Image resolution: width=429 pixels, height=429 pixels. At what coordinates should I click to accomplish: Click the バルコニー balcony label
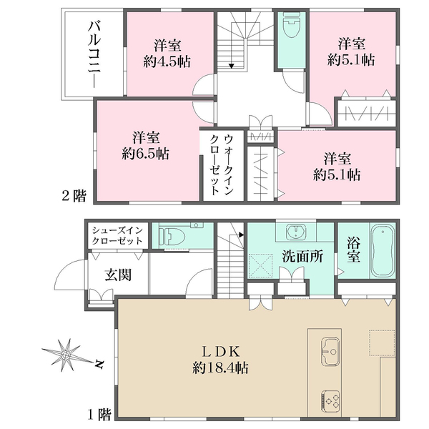94,55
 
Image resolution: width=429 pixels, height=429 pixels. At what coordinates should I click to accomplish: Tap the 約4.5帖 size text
167,61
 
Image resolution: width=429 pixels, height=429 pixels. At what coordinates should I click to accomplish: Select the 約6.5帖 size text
145,154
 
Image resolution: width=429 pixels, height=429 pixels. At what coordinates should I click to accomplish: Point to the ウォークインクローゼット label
222,164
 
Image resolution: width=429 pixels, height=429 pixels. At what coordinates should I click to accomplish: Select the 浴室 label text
353,250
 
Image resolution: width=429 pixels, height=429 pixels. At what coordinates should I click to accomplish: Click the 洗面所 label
302,257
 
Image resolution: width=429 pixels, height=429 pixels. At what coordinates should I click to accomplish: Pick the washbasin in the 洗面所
296,232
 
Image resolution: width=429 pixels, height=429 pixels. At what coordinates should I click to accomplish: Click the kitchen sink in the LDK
330,351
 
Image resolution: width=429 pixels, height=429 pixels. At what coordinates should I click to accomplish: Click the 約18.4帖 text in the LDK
220,368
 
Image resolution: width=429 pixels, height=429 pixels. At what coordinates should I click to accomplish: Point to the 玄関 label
118,275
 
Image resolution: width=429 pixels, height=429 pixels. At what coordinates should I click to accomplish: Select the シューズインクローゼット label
118,235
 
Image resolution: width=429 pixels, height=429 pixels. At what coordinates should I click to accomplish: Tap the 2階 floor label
74,196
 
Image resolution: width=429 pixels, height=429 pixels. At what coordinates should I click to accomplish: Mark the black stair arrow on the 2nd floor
232,66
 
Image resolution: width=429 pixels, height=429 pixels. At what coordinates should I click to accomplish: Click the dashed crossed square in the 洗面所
261,266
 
